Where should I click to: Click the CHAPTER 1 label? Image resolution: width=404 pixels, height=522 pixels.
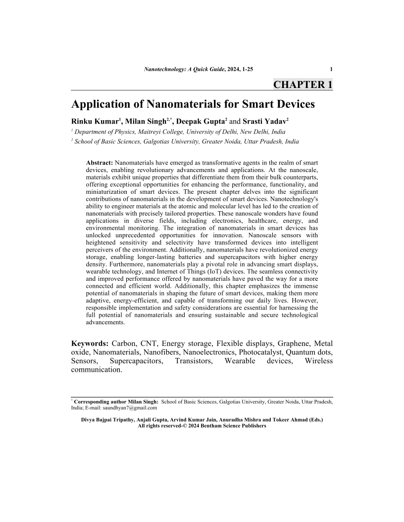(303, 85)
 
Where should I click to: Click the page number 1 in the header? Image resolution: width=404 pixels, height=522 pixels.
(331, 69)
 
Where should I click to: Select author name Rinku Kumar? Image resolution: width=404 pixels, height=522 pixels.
(95, 121)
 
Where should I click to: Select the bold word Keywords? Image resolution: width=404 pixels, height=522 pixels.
(90, 344)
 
